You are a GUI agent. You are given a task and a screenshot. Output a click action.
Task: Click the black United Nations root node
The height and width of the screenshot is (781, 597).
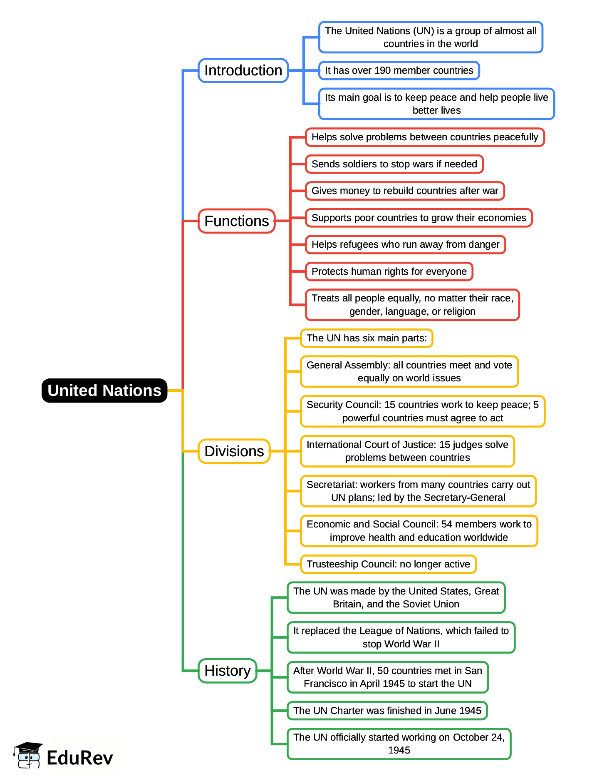(x=104, y=390)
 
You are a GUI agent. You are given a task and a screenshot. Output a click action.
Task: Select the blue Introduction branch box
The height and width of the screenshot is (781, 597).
(x=243, y=70)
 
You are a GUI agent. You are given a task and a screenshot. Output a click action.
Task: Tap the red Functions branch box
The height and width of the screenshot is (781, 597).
(x=236, y=221)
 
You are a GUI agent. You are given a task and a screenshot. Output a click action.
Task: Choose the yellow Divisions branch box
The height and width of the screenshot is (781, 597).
(x=234, y=451)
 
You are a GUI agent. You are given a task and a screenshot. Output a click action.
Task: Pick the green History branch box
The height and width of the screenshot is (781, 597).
(x=227, y=671)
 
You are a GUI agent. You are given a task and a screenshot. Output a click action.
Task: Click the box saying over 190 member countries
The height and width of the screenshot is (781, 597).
(x=399, y=70)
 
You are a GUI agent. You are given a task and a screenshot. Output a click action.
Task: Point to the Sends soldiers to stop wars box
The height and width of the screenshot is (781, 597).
(x=394, y=164)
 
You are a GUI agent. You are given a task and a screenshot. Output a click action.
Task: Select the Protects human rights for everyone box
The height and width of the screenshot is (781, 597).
(x=389, y=271)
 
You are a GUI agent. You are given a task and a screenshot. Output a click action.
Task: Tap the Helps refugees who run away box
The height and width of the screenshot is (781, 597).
(x=405, y=244)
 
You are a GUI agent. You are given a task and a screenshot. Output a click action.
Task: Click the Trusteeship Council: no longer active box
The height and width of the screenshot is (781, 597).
(x=388, y=564)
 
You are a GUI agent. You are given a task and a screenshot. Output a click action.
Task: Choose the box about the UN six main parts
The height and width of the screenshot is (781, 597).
(x=367, y=338)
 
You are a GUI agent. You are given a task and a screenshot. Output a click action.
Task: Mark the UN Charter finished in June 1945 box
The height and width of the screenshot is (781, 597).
(x=387, y=711)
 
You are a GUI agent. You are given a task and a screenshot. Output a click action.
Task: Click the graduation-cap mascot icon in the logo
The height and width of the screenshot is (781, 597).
(x=28, y=755)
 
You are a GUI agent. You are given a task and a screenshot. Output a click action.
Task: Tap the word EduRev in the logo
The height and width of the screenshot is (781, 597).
(x=79, y=758)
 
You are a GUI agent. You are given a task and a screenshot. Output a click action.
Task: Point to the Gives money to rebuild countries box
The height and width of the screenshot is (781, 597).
(x=404, y=191)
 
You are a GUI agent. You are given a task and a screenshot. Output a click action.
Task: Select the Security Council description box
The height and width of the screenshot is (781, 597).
(x=422, y=411)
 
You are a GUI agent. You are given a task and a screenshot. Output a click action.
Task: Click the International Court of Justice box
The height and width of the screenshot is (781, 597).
(x=407, y=451)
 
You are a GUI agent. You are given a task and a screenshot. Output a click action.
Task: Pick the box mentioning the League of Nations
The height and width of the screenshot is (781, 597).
(x=401, y=637)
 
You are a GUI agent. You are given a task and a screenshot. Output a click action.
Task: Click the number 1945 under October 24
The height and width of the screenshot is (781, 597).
(x=399, y=750)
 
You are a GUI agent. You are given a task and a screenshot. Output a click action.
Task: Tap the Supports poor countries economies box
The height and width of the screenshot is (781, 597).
(x=419, y=218)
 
